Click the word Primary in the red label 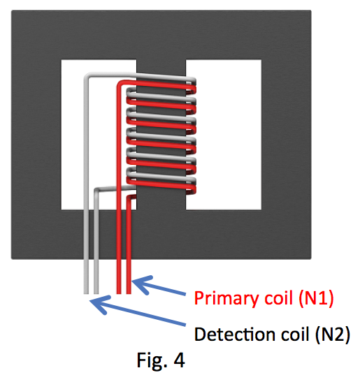tap(226, 298)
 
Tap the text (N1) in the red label tap(316, 297)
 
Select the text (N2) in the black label tap(332, 335)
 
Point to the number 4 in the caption tap(179, 360)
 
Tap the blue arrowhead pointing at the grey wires tap(101, 304)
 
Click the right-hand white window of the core tap(224, 135)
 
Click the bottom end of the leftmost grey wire tap(86, 293)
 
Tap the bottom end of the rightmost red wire tap(129, 293)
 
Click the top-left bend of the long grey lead tap(87, 75)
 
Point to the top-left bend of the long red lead tap(120, 83)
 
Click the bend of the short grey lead tap(96, 190)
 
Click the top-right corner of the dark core tap(311, 10)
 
